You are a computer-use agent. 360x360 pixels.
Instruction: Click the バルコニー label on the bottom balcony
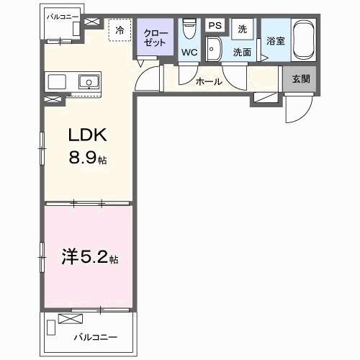coord(94,336)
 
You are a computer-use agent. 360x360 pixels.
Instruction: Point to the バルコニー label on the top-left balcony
coord(63,15)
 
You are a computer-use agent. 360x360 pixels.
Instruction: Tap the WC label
coord(189,52)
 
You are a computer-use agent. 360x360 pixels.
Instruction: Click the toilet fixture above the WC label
coord(189,29)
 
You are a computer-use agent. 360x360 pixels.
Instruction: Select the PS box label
coord(214,25)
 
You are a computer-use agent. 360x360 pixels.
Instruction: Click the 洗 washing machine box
coord(243,28)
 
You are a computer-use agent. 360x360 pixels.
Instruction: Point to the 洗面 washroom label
coord(241,52)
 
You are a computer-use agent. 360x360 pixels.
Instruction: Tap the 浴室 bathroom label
coord(276,41)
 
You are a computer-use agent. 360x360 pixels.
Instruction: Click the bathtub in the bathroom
coord(302,41)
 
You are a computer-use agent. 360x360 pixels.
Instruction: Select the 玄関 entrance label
coord(302,79)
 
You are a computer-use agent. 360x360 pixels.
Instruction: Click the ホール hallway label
coord(209,82)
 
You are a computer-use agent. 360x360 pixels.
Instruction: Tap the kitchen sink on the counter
coord(89,81)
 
